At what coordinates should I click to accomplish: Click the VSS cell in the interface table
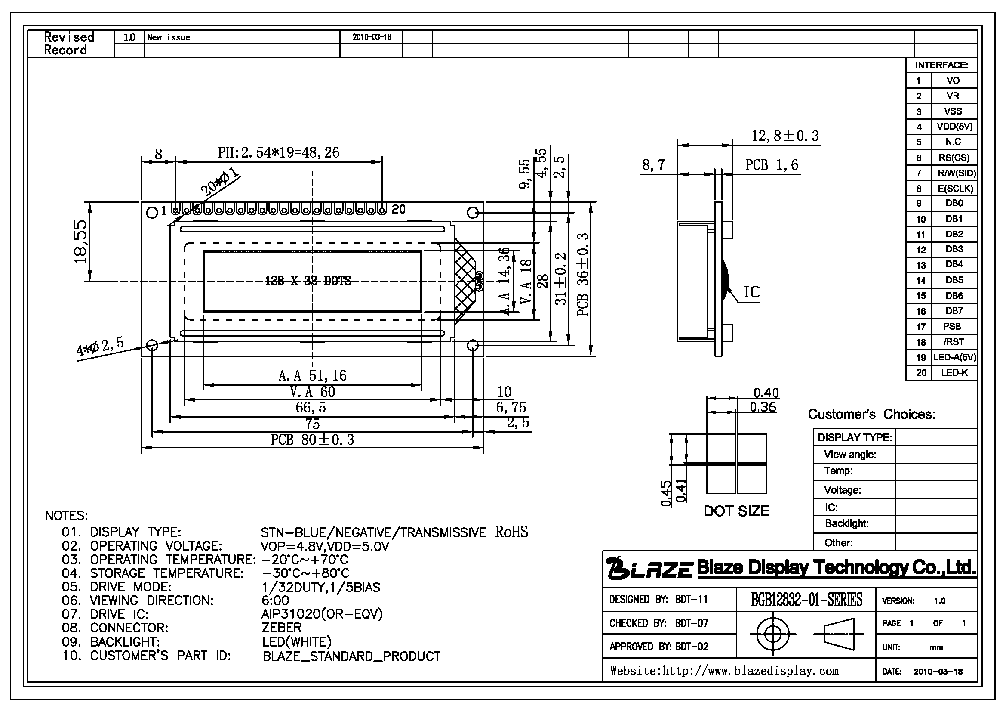[x=953, y=111]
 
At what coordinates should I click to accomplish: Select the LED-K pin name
[x=954, y=373]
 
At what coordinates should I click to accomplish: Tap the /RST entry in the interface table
[x=954, y=342]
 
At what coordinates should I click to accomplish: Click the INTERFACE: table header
[x=941, y=65]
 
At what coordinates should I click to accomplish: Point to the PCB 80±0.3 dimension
[x=312, y=440]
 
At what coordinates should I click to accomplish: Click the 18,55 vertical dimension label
[x=81, y=241]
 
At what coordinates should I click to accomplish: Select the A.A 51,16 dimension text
[x=312, y=375]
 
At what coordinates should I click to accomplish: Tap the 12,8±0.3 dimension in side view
[x=785, y=136]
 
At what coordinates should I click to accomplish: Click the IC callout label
[x=751, y=292]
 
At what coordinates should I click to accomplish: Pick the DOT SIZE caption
[x=736, y=511]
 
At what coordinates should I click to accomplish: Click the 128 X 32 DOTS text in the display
[x=308, y=281]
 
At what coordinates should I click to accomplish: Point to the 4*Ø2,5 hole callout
[x=100, y=347]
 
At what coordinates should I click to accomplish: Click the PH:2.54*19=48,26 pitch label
[x=279, y=152]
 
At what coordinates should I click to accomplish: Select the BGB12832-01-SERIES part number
[x=806, y=599]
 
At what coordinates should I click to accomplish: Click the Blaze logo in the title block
[x=649, y=568]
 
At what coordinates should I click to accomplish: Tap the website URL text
[x=724, y=671]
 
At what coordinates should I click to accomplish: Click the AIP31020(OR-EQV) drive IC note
[x=322, y=614]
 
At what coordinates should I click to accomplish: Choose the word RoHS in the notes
[x=511, y=532]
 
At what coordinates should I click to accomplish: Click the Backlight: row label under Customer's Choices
[x=846, y=523]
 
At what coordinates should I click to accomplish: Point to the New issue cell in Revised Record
[x=169, y=37]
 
